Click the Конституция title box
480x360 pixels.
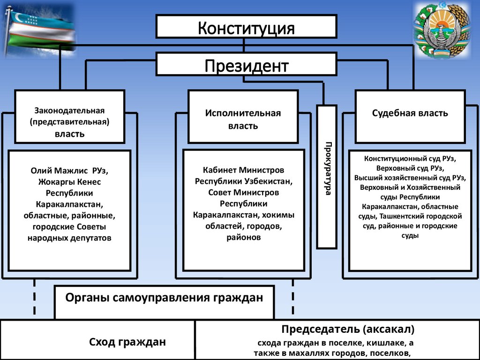(x=246, y=27)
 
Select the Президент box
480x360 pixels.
(x=246, y=64)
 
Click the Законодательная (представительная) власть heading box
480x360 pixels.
(x=69, y=122)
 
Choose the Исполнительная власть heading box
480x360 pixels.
(x=242, y=120)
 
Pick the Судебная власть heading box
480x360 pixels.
(x=410, y=113)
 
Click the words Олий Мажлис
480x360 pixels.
(x=53, y=171)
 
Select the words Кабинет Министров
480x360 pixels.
(x=243, y=170)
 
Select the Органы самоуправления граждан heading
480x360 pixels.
(x=164, y=297)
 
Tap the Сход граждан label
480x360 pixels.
(x=127, y=342)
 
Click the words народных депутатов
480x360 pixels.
(x=69, y=238)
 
